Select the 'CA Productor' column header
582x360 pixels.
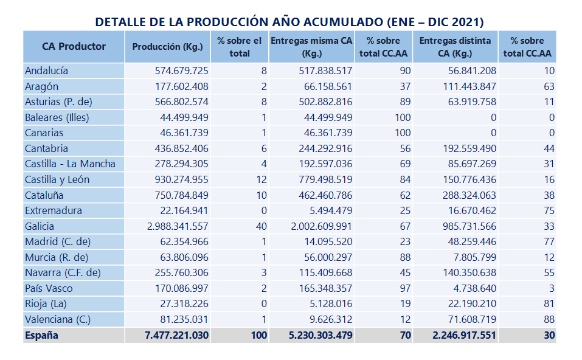click(74, 46)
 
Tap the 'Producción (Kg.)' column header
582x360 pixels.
click(168, 46)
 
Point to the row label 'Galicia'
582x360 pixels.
click(40, 226)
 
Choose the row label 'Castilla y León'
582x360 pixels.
click(57, 179)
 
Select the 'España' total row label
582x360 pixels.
click(41, 335)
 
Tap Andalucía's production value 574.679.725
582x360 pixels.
click(178, 71)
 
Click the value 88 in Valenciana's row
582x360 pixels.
click(549, 319)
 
